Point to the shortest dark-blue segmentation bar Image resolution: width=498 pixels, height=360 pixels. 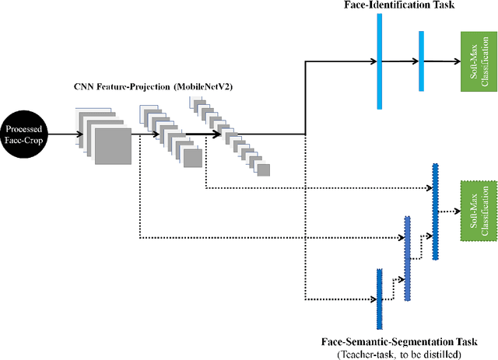(x=379, y=299)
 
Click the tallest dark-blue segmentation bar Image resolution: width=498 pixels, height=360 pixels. (x=435, y=201)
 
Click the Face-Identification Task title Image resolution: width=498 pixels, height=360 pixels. (x=389, y=6)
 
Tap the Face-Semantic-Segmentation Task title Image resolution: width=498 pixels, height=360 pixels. (x=398, y=341)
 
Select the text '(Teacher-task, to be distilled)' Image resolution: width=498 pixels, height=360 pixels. (x=398, y=354)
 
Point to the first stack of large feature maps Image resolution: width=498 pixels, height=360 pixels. (x=105, y=137)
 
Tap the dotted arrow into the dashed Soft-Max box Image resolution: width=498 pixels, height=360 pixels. (x=450, y=209)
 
